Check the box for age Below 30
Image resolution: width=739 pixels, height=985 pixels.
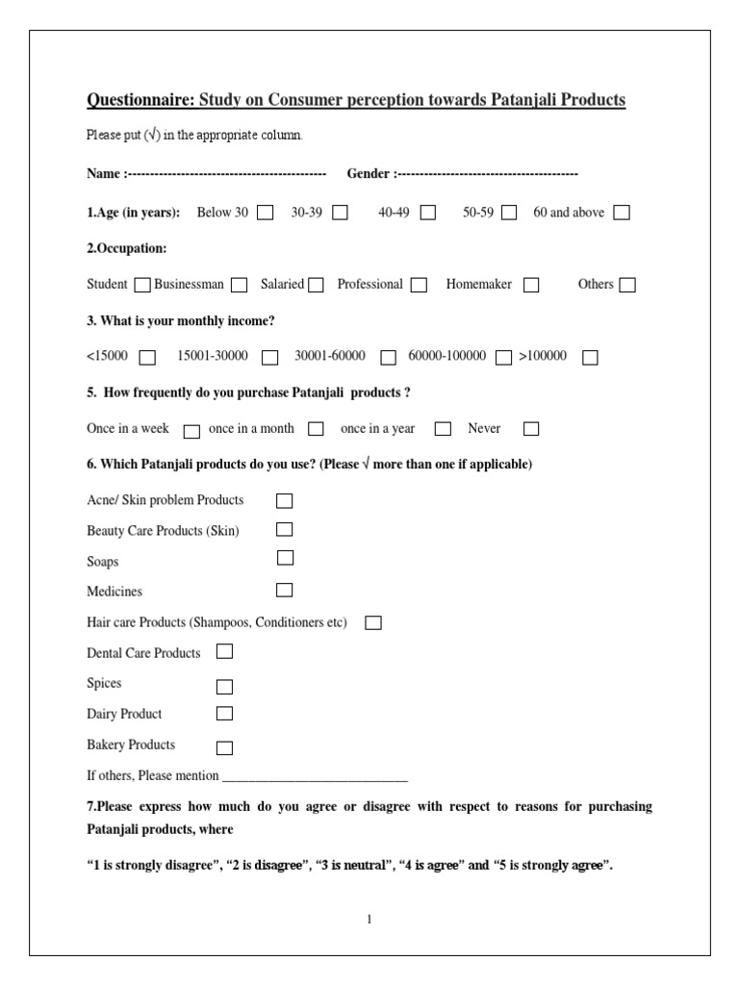(x=265, y=213)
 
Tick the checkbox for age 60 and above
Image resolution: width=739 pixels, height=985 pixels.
(x=622, y=213)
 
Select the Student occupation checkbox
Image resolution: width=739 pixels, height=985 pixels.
(x=142, y=285)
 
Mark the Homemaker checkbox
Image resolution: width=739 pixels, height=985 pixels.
(x=531, y=285)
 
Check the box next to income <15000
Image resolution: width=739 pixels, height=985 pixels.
(x=147, y=357)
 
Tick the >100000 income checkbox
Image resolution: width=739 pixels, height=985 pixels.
(x=590, y=357)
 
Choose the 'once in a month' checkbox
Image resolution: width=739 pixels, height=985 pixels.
(x=316, y=429)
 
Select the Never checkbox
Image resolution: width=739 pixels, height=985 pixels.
(x=531, y=429)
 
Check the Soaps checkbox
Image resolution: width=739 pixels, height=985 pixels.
(x=285, y=558)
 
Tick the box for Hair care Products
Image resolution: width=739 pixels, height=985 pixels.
(x=373, y=623)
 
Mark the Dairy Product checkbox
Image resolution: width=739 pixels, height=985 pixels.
(x=224, y=714)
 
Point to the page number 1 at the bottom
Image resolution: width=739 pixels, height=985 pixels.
(x=369, y=919)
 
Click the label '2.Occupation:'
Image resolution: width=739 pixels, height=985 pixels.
(x=127, y=248)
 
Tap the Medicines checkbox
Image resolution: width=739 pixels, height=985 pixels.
(x=285, y=590)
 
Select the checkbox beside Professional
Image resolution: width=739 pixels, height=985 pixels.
(x=419, y=285)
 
